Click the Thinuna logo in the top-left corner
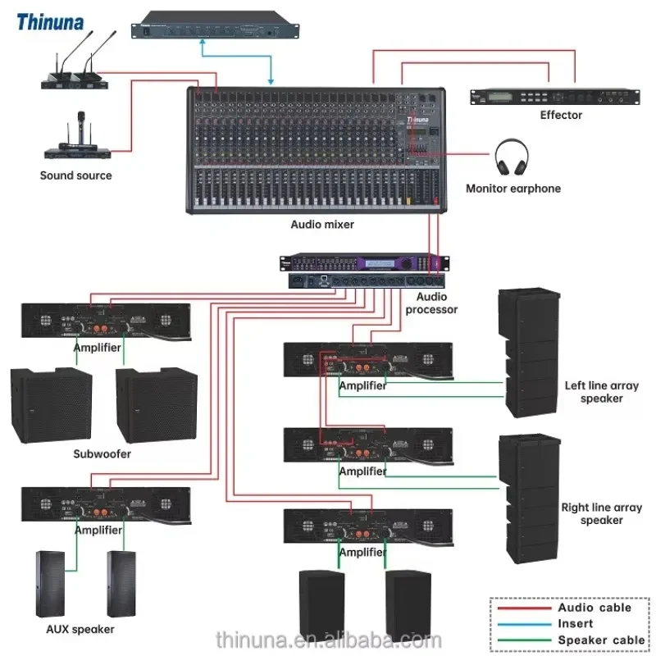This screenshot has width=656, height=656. [50, 22]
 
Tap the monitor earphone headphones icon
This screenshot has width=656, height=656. [511, 157]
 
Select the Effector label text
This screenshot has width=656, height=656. [561, 115]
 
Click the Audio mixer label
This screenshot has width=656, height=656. [322, 225]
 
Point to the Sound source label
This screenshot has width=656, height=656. [75, 175]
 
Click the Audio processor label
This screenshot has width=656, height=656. [431, 303]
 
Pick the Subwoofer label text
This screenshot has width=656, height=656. [102, 454]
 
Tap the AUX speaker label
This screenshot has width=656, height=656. [80, 629]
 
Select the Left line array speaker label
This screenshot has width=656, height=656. [602, 392]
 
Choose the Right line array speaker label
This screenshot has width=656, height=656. [602, 514]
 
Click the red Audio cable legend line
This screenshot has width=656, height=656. [524, 608]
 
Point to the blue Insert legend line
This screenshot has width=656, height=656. [524, 624]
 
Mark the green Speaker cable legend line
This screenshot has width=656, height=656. [524, 640]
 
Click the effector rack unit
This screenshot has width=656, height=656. [555, 97]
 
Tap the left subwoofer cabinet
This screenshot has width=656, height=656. [52, 405]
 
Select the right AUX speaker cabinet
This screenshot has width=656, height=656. [121, 584]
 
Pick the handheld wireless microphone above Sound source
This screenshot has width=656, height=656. [80, 128]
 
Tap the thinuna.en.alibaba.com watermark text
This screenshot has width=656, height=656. [329, 640]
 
